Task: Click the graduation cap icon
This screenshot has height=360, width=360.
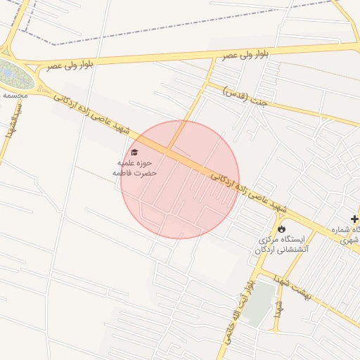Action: [x=134, y=152]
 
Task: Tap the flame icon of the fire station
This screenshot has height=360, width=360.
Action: [x=282, y=229]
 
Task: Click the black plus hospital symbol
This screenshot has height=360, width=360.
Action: [x=354, y=220]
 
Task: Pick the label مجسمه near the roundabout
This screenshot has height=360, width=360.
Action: [x=13, y=94]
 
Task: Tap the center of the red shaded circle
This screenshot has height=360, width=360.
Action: [x=180, y=179]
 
